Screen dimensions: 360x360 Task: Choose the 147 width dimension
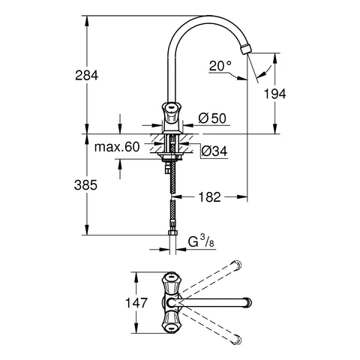(121, 304)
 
